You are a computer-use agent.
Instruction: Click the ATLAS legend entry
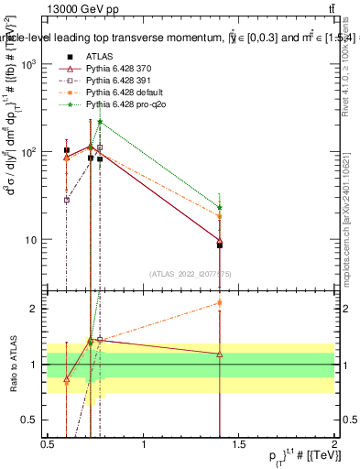(99, 57)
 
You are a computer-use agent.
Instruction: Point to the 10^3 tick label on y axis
(29, 65)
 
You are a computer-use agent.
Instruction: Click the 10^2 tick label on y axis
(29, 152)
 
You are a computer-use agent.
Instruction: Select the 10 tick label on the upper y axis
(33, 240)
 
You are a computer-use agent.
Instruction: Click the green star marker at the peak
(100, 122)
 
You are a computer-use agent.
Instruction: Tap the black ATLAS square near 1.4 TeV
(220, 245)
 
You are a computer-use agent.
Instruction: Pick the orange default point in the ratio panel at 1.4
(220, 302)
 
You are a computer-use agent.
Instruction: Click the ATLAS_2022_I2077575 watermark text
(191, 273)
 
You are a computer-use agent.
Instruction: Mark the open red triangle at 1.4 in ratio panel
(220, 354)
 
